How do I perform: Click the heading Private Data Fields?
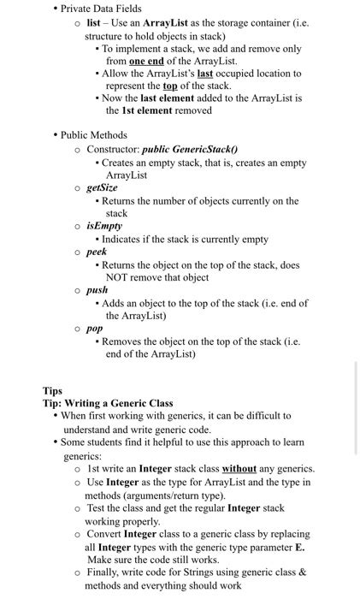click(x=101, y=9)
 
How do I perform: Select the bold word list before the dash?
click(x=96, y=23)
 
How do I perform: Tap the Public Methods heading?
click(x=93, y=135)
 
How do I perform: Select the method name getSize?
click(x=103, y=187)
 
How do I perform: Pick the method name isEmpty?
click(x=104, y=226)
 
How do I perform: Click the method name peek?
click(x=97, y=252)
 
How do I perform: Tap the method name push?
click(x=97, y=290)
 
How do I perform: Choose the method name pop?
click(x=95, y=328)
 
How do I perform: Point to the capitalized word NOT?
click(x=118, y=278)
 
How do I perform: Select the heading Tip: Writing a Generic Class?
click(x=108, y=403)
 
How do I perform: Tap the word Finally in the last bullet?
click(x=104, y=572)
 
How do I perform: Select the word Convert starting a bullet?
click(x=104, y=534)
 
